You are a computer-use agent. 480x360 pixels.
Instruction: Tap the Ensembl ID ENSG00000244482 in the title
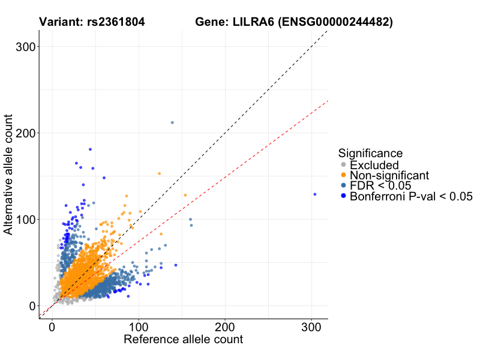(x=337, y=23)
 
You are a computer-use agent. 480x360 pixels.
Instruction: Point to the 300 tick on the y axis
(x=25, y=46)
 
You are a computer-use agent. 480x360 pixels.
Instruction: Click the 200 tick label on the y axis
(x=25, y=133)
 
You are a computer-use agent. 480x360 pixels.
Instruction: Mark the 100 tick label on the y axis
(x=25, y=219)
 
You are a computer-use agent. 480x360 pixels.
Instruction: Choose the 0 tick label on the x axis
(x=52, y=328)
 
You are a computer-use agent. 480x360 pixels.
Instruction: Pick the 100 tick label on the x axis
(x=139, y=328)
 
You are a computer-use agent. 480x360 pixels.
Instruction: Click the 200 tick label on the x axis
(x=225, y=328)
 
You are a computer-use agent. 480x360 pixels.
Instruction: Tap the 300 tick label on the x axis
(x=311, y=328)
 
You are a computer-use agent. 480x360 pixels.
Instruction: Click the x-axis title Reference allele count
(x=183, y=340)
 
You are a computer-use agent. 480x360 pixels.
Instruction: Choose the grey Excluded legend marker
(x=343, y=165)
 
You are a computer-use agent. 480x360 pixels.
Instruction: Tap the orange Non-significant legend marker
(x=343, y=175)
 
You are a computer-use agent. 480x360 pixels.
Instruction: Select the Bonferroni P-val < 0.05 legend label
(x=411, y=196)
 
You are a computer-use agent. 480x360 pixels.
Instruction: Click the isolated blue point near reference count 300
(x=314, y=194)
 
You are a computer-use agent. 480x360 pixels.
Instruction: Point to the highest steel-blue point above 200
(x=172, y=122)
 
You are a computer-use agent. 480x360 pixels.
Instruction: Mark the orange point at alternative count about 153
(x=159, y=173)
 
